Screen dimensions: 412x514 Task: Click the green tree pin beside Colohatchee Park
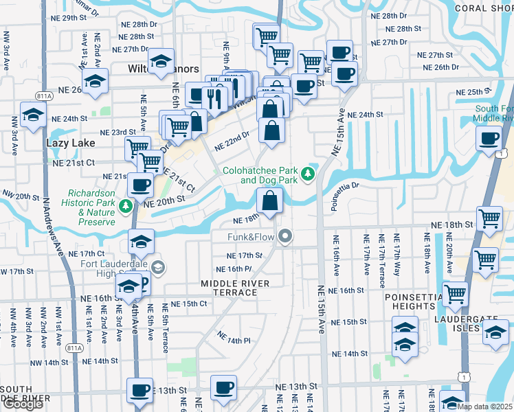[310, 174]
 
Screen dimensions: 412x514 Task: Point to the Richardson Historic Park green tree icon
[125, 205]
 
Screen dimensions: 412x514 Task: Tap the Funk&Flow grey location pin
[287, 237]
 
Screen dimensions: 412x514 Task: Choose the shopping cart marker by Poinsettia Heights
[456, 294]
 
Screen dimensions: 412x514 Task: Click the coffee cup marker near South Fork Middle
[489, 138]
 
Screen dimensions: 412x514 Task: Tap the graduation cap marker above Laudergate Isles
[495, 333]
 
